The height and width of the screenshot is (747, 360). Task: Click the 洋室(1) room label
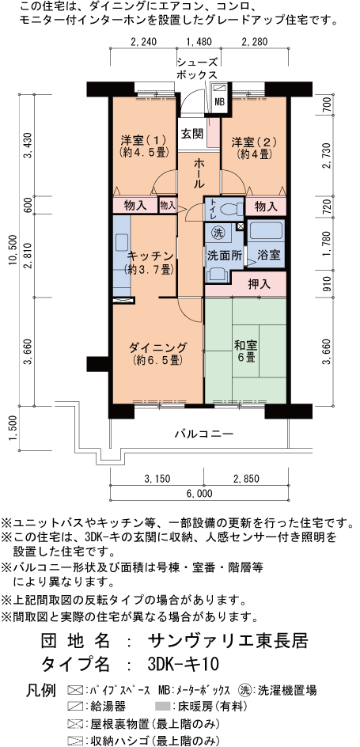pyautogui.click(x=142, y=146)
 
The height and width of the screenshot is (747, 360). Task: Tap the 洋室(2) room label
pyautogui.click(x=254, y=147)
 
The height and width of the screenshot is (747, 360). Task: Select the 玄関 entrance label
pyautogui.click(x=192, y=134)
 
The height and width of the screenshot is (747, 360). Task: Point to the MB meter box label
pyautogui.click(x=219, y=101)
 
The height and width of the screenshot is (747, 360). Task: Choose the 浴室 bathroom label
pyautogui.click(x=268, y=255)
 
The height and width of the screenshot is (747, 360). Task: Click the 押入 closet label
pyautogui.click(x=260, y=284)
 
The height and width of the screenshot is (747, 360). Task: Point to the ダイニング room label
pyautogui.click(x=157, y=353)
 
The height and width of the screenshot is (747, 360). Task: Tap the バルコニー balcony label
pyautogui.click(x=203, y=434)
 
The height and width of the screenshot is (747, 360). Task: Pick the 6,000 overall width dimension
pyautogui.click(x=197, y=494)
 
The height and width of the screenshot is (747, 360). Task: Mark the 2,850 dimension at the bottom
pyautogui.click(x=247, y=478)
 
